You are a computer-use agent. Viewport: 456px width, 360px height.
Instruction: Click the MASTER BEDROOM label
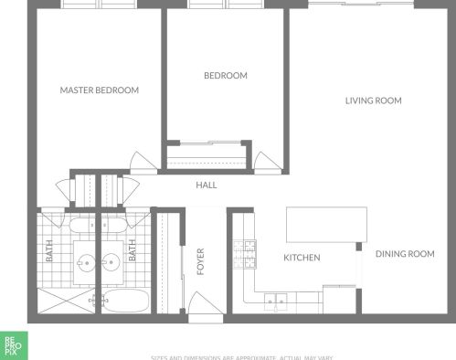(99, 90)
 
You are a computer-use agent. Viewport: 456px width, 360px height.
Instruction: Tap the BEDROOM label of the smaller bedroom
(225, 76)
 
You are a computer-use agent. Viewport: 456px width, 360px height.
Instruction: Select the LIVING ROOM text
(373, 101)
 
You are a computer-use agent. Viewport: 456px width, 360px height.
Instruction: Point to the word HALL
(207, 185)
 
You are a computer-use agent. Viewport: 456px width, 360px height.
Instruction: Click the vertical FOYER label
(200, 259)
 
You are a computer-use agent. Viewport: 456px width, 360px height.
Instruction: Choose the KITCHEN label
(302, 258)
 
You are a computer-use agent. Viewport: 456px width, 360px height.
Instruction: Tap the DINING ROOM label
(405, 254)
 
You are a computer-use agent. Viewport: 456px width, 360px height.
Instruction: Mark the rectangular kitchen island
(326, 224)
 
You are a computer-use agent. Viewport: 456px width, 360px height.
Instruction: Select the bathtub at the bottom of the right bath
(125, 301)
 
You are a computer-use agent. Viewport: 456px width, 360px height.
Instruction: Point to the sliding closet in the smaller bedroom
(208, 154)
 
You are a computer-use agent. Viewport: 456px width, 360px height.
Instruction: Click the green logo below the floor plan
(11, 346)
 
